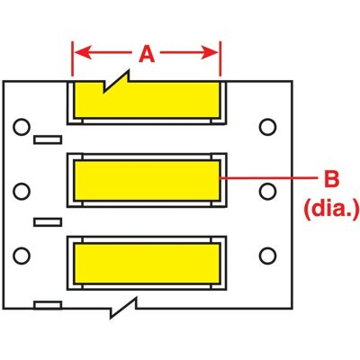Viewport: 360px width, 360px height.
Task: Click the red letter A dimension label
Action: pyautogui.click(x=147, y=55)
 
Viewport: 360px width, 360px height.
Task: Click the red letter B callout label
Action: pyautogui.click(x=331, y=179)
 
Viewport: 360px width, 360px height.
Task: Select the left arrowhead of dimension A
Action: pyautogui.click(x=83, y=52)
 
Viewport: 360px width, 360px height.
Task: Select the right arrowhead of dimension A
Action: pyautogui.click(x=210, y=53)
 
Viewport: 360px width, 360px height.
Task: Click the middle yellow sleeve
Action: pyautogui.click(x=147, y=180)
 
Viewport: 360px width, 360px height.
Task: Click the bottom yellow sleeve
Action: pyautogui.click(x=147, y=263)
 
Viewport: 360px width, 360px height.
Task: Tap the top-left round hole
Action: pyautogui.click(x=22, y=127)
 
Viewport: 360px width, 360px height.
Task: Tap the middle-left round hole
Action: pyautogui.click(x=22, y=191)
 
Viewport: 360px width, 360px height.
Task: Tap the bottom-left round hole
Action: pyautogui.click(x=22, y=256)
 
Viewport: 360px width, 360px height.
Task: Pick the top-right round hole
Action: pyautogui.click(x=267, y=127)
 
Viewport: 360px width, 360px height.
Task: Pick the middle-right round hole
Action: pyautogui.click(x=267, y=191)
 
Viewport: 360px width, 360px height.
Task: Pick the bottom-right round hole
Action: pyautogui.click(x=267, y=256)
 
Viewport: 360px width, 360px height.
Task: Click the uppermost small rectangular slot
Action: pyautogui.click(x=48, y=139)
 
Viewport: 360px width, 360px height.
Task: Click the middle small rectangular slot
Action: pyautogui.click(x=48, y=222)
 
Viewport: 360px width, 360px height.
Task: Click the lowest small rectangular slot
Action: pyautogui.click(x=48, y=305)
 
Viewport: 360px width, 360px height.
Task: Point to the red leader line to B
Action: pyautogui.click(x=269, y=178)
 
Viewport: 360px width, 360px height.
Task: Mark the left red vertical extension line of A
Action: pyautogui.click(x=72, y=58)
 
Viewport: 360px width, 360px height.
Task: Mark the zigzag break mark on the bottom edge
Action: pyautogui.click(x=123, y=308)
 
